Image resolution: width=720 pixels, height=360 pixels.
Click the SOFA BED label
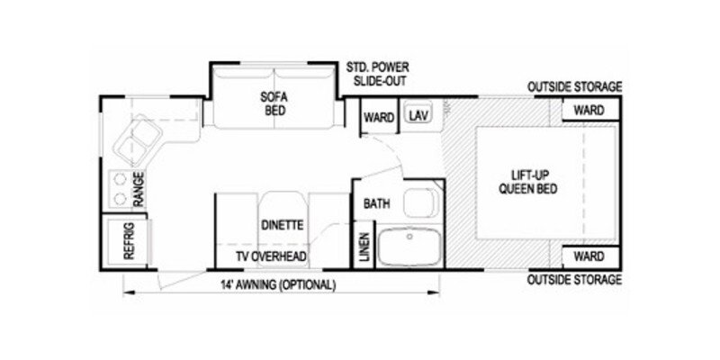pos(274,103)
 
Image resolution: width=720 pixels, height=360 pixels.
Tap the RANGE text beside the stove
pos(139,189)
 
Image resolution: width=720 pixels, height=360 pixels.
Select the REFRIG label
pos(129,241)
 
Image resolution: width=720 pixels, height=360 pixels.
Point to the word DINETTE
pos(283,226)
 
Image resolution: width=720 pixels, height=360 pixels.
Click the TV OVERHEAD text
pos(271,256)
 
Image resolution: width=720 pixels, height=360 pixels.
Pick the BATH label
pos(377,203)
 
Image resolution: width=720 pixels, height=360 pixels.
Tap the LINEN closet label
pos(364,247)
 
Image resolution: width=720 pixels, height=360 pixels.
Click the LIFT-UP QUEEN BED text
pos(528,182)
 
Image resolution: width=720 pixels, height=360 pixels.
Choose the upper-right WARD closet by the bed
pos(589,111)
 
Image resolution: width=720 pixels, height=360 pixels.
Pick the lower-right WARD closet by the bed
pos(589,256)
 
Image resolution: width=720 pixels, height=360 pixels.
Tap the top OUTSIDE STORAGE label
pos(574,86)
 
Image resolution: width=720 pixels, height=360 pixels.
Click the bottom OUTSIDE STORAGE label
pos(574,279)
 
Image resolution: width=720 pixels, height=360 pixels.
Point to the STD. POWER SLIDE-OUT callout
pos(377,75)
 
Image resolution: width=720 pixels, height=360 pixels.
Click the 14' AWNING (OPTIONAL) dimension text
pos(278,284)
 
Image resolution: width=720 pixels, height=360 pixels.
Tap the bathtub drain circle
pos(409,237)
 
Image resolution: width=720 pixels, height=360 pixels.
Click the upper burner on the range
pos(120,178)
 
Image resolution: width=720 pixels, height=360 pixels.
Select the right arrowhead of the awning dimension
pos(435,292)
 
